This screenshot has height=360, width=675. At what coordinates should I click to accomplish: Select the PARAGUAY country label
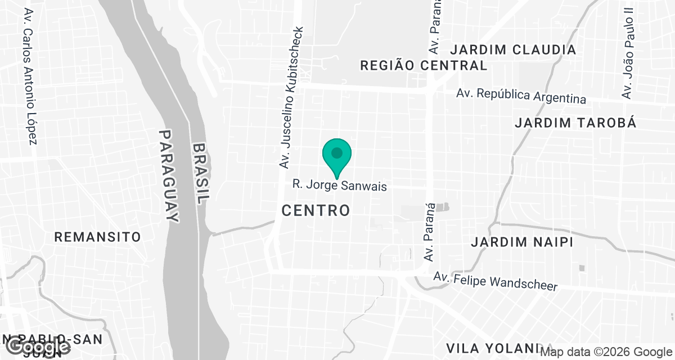point(169,176)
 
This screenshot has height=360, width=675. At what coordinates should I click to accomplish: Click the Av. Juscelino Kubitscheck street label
point(291,97)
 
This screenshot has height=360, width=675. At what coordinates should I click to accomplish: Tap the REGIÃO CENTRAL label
point(423,65)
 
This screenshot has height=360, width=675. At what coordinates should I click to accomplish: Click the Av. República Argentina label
point(521,96)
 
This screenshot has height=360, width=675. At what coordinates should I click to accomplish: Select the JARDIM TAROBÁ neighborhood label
point(575,123)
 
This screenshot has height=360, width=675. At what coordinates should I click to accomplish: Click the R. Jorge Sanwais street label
point(340,186)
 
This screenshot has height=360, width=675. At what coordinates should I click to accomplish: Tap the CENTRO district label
point(316,211)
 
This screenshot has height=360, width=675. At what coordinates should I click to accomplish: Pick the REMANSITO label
point(97,237)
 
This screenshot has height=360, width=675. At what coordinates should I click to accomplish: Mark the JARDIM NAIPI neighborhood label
point(522,242)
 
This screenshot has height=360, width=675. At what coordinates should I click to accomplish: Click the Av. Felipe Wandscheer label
point(495,282)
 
